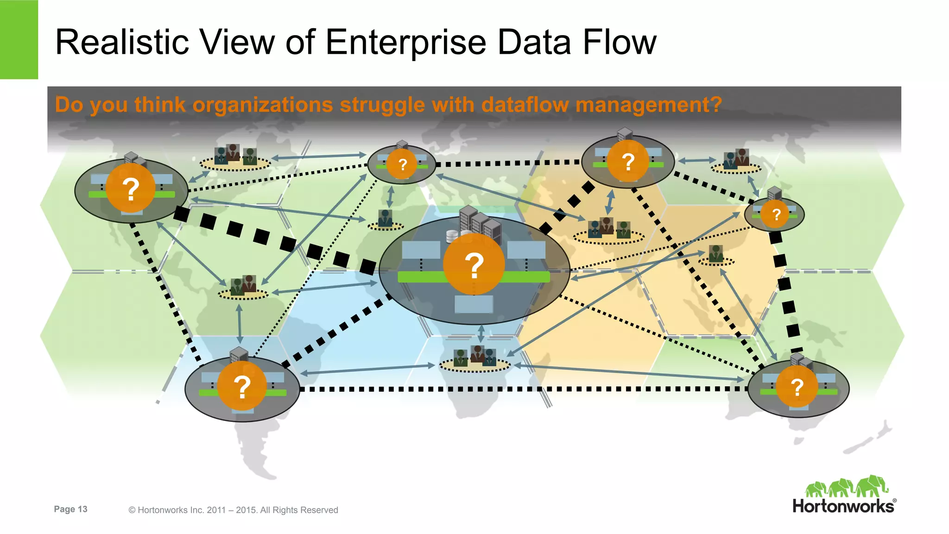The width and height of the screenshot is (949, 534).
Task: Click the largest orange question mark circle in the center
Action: (x=474, y=264)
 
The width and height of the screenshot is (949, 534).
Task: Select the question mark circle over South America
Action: (x=242, y=386)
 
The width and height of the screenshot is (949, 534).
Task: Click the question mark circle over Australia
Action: (x=797, y=387)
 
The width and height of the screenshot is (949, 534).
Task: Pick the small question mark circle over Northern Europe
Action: (x=402, y=164)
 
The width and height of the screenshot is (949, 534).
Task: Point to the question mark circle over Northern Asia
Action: (x=627, y=162)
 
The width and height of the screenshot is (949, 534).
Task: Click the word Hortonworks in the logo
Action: (x=843, y=506)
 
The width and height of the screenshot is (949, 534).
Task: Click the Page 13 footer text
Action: (x=70, y=509)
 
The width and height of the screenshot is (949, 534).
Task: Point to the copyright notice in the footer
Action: (x=233, y=510)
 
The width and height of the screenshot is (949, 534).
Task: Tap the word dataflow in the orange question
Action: (x=525, y=105)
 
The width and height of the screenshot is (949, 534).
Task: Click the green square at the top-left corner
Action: (x=19, y=39)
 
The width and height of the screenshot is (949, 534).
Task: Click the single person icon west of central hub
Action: (x=385, y=218)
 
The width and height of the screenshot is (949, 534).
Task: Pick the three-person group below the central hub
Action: (x=474, y=357)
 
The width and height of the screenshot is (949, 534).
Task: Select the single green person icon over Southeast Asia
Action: (x=716, y=254)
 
